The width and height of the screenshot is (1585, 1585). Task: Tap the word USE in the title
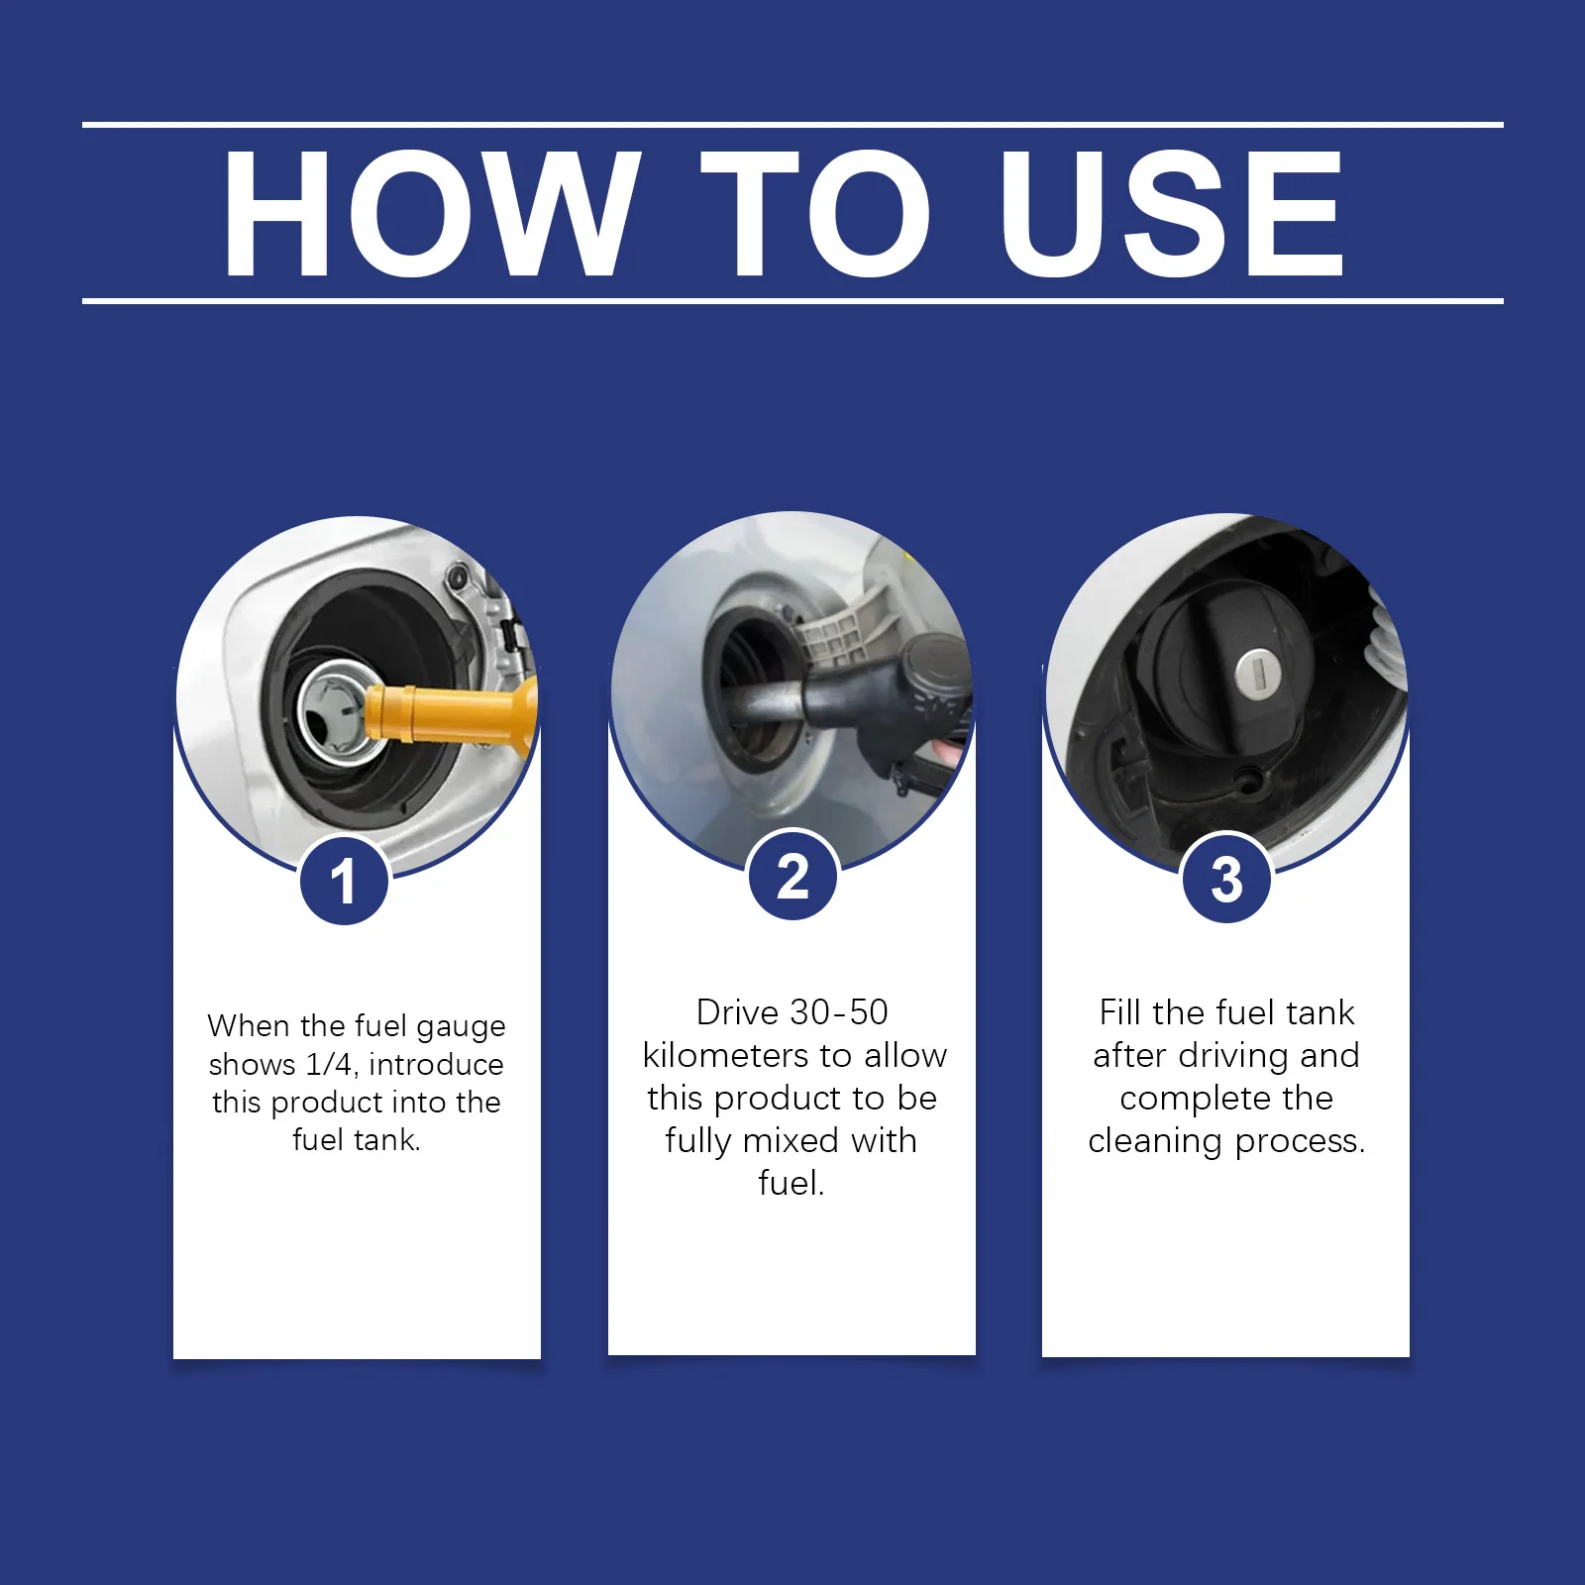(x=1172, y=213)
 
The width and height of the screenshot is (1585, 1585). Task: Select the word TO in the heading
(x=815, y=213)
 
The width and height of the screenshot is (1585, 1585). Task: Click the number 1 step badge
(x=343, y=881)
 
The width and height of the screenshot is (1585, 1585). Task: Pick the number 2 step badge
(x=792, y=877)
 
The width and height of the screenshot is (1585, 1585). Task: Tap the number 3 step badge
(x=1226, y=879)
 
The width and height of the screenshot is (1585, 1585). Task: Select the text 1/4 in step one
(x=329, y=1064)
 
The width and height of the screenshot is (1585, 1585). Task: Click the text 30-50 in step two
(x=839, y=1012)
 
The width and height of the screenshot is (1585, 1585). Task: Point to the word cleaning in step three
(x=1155, y=1142)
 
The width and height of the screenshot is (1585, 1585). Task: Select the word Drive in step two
(x=738, y=1012)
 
